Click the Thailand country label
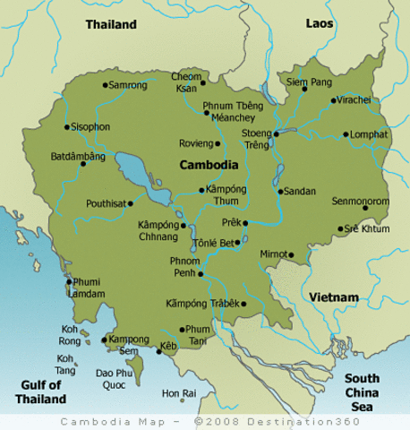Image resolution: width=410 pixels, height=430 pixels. click(x=111, y=25)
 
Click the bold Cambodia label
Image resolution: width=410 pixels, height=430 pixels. click(x=209, y=165)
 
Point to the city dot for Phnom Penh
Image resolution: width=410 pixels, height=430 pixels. click(x=201, y=273)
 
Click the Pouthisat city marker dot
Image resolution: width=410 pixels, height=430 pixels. click(x=139, y=203)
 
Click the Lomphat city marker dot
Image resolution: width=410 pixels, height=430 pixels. click(x=346, y=134)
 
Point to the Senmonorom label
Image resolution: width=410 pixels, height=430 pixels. click(x=360, y=202)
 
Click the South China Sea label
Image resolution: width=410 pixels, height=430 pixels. click(x=362, y=392)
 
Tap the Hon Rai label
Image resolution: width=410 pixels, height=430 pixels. click(x=178, y=393)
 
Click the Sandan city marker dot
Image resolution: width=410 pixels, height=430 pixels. click(x=280, y=192)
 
